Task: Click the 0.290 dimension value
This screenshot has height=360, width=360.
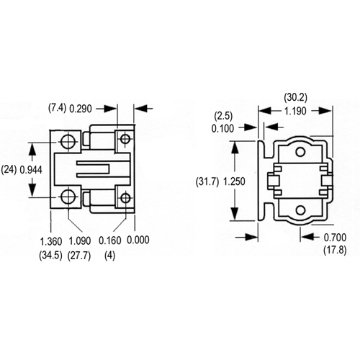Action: coord(81,109)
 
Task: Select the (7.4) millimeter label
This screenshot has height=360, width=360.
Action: coord(57,108)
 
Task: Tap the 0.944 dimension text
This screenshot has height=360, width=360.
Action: coord(31,170)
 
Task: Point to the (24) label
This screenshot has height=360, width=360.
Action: coord(9,170)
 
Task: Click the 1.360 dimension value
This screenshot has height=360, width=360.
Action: coord(51,241)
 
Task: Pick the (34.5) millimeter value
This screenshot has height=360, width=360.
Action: coord(51,256)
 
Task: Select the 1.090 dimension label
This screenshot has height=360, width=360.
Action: coord(80,241)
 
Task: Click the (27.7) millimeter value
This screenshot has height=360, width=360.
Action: coord(79,256)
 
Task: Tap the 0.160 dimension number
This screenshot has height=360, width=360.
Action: coord(110,240)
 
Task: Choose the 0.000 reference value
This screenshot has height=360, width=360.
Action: coord(138,240)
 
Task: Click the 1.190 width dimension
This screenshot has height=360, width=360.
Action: coord(295,111)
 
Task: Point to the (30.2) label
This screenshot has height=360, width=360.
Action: coord(296,97)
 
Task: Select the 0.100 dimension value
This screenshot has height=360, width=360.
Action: coord(222,129)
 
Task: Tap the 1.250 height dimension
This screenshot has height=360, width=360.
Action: coord(234,181)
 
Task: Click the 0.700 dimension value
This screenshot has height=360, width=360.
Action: coord(335,238)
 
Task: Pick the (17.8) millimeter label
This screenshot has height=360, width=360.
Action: coord(335,251)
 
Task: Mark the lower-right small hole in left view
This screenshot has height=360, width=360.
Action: coord(125,198)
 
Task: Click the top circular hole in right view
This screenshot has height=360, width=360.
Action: coord(300,152)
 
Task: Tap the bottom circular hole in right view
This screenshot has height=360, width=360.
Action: coord(300,210)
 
